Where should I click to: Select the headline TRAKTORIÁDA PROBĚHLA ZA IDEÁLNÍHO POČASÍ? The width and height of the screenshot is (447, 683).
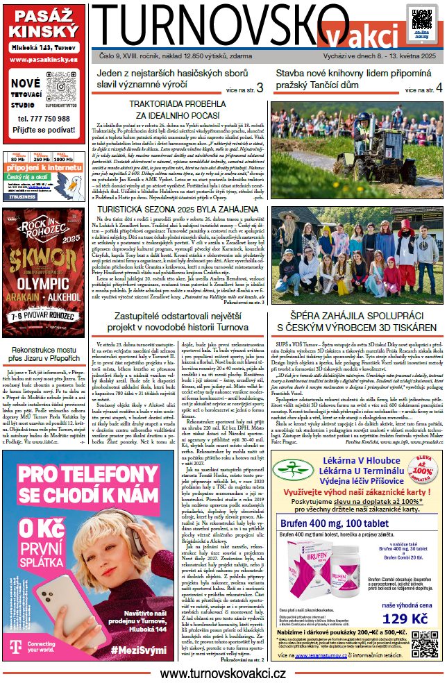[179, 109]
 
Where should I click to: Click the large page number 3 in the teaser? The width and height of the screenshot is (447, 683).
[260, 88]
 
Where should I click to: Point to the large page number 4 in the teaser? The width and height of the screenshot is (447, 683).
[438, 88]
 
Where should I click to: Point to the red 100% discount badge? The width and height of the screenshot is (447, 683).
[419, 475]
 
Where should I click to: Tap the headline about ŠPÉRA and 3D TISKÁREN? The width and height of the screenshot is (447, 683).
[356, 321]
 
